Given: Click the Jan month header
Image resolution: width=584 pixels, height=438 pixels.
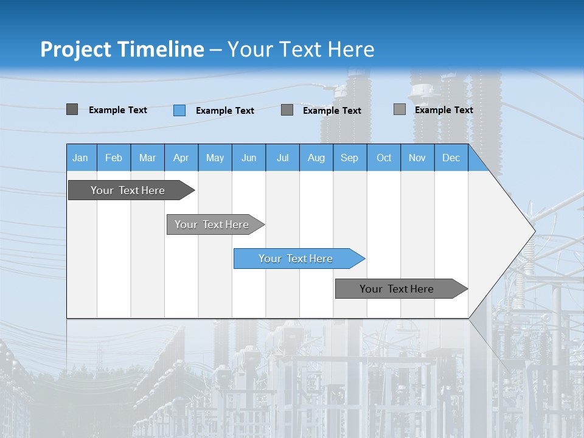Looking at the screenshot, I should click(80, 158).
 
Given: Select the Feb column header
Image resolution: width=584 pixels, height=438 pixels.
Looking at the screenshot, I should click(114, 158).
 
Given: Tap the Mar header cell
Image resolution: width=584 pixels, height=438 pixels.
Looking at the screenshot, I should click(147, 158).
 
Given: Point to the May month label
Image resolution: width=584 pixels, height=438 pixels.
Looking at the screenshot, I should click(215, 158).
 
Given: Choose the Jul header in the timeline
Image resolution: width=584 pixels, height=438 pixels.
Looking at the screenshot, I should click(282, 158).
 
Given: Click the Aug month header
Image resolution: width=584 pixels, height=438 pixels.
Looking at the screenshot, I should click(316, 158).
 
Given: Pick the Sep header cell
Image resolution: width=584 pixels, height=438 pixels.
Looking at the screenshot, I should click(350, 158).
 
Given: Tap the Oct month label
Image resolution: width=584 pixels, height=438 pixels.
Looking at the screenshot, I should click(384, 158).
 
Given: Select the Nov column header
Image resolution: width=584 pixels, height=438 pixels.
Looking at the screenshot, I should click(417, 158).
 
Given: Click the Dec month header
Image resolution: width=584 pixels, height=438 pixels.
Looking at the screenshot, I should click(451, 158).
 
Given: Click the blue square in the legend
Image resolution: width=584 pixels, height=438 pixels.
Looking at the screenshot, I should click(179, 110).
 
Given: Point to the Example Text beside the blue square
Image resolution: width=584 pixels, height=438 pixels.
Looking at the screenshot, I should click(225, 111).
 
